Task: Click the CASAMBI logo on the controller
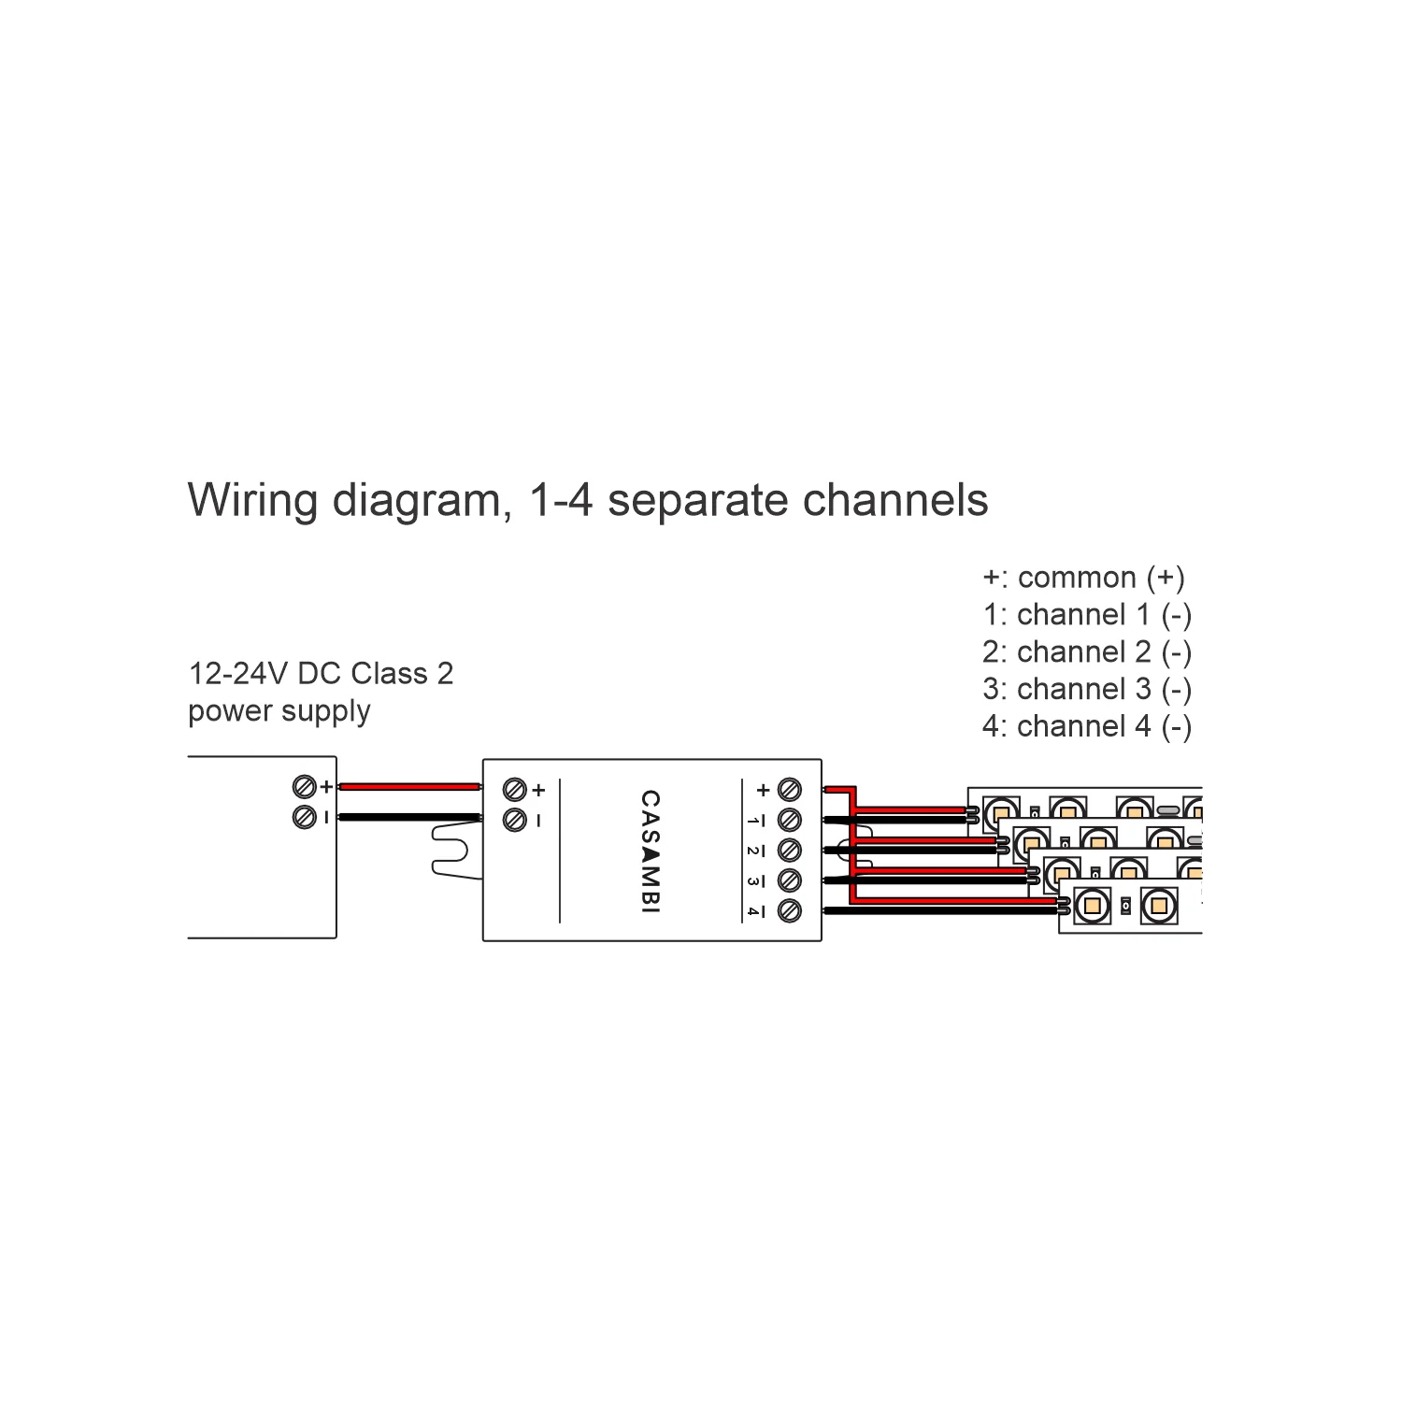651,851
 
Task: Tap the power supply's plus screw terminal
303,787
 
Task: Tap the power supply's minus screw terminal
303,817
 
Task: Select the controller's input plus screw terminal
514,790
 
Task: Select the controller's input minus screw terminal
514,820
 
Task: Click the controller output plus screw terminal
790,790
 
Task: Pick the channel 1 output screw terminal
790,820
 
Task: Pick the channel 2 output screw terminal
790,851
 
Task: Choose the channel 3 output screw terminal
790,880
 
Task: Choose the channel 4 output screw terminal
790,910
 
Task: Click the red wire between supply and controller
409,787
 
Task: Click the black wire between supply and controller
409,817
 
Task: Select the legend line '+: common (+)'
1083,578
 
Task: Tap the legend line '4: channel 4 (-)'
1086,726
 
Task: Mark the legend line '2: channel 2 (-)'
1086,651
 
